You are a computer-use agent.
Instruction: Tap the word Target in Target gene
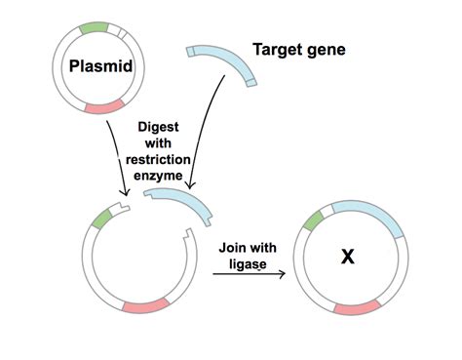[x=277, y=48]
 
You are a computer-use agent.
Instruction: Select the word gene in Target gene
[x=327, y=48]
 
